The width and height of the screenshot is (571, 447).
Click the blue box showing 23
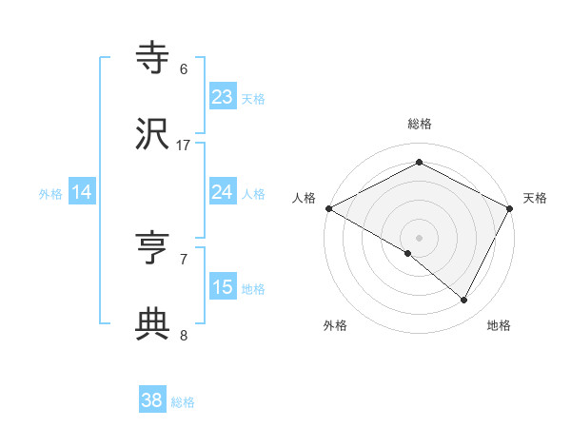tap(223, 97)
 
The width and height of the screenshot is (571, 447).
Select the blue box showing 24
tap(223, 192)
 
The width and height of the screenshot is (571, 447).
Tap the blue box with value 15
tap(223, 287)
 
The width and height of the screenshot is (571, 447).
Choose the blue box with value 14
tap(82, 192)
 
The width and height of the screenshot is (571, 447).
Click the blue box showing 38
tap(152, 401)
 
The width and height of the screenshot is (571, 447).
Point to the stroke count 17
tap(184, 146)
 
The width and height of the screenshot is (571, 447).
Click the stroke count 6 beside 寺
tap(184, 68)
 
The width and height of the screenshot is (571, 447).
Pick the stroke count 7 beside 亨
tap(184, 258)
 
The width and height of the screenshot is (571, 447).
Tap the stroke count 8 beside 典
tap(184, 335)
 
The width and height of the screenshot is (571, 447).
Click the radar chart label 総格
tap(420, 124)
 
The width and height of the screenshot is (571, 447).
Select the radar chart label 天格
tap(536, 198)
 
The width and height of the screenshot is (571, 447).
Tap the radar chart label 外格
tap(335, 326)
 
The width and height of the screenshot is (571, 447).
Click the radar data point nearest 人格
tap(328, 208)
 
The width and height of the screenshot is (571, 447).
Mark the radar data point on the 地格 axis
tap(464, 301)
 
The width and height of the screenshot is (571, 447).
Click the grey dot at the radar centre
tap(420, 237)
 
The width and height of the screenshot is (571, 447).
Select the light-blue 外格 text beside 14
tap(50, 193)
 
